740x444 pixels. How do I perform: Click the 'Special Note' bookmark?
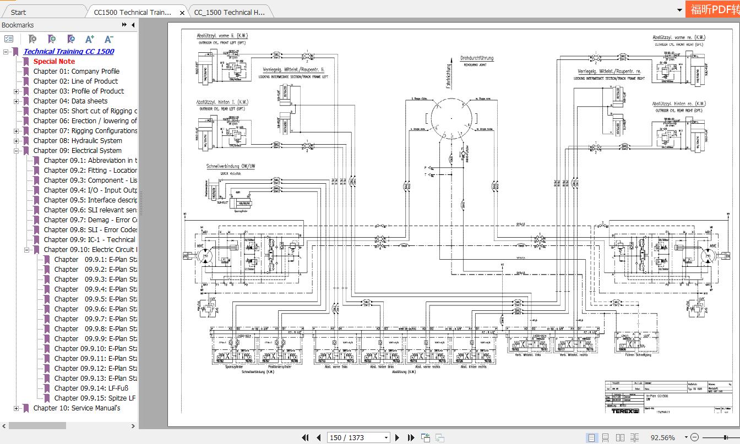(54, 61)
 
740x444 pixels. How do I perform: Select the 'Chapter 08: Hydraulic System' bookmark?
(78, 140)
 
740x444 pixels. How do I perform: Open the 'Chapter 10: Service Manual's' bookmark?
(77, 408)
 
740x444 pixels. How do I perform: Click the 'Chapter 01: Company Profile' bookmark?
(76, 71)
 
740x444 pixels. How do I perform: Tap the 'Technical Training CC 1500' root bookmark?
(69, 51)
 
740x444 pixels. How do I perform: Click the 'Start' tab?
(18, 12)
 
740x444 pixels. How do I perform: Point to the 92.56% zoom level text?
(662, 437)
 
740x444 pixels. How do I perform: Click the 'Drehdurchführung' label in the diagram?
(477, 58)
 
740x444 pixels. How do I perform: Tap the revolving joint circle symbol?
(450, 118)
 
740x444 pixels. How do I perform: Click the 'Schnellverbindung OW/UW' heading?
(231, 166)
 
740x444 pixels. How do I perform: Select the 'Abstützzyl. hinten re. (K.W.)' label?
(678, 103)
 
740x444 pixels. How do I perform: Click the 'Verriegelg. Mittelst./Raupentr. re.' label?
(610, 72)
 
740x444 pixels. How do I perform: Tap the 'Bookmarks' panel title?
(18, 25)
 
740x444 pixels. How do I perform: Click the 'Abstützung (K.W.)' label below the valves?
(404, 372)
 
